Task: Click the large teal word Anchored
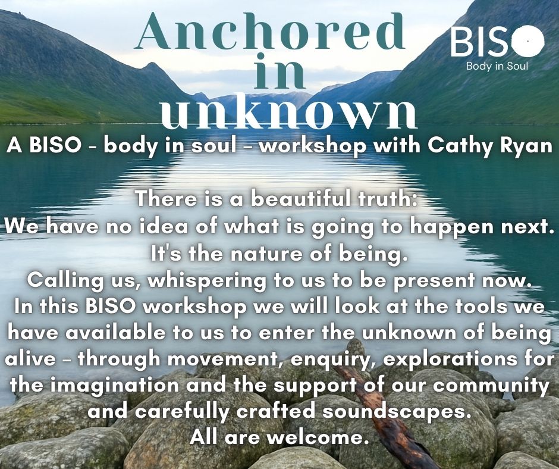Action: pos(271,31)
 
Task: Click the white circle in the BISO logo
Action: pos(528,42)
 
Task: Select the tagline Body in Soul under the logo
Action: pos(497,66)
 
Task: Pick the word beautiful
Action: pos(300,198)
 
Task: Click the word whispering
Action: pos(207,281)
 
